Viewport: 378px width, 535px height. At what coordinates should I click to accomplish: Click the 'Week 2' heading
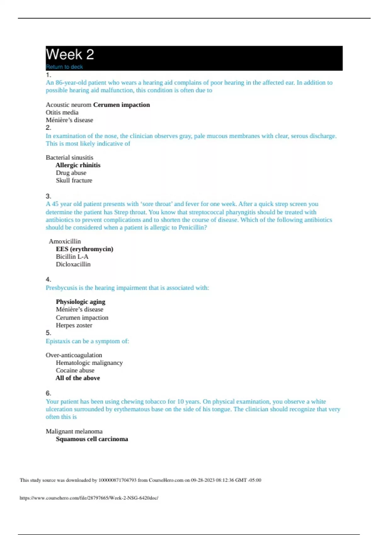70,54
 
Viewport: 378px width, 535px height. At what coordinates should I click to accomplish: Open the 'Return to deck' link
64,67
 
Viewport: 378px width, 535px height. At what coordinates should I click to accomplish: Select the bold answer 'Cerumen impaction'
122,105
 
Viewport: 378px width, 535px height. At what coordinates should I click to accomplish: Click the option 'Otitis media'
62,112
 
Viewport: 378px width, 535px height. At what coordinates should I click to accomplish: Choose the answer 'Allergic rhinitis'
78,165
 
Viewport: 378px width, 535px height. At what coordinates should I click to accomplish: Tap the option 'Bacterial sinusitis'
69,157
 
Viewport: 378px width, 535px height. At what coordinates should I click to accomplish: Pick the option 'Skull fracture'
74,180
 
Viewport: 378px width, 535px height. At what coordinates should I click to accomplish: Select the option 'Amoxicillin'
65,241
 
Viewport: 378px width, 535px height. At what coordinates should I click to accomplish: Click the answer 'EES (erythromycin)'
84,249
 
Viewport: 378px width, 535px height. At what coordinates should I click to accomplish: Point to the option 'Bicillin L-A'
72,256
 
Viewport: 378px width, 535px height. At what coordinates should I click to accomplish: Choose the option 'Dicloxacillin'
73,264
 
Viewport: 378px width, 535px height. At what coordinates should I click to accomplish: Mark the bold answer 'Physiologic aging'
81,302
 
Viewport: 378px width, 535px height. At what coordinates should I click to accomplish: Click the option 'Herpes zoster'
74,325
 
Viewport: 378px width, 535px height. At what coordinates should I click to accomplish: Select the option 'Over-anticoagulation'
74,355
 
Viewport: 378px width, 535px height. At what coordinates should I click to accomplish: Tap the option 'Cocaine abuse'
75,370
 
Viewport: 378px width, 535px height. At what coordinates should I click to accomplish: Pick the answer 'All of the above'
78,378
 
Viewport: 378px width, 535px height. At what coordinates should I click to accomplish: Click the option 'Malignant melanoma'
74,431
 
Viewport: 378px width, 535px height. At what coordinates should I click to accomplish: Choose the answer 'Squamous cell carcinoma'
92,439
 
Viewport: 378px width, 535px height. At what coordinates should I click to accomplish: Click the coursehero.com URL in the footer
89,498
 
